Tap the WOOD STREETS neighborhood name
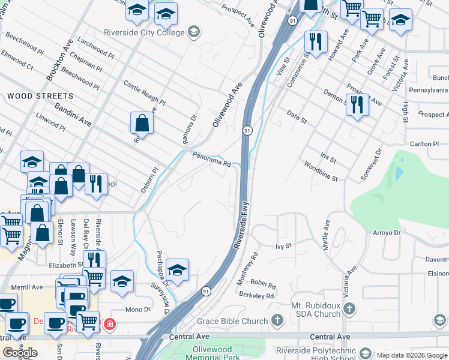(x=40, y=96)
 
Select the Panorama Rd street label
(x=211, y=159)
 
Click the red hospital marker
(x=109, y=325)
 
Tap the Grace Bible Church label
(x=233, y=321)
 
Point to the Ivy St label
(x=283, y=246)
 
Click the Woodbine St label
(x=321, y=171)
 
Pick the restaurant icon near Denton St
(x=357, y=105)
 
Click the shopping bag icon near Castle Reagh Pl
(x=141, y=124)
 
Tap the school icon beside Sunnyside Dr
(x=177, y=271)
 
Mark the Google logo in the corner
(x=20, y=353)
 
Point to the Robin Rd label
(x=263, y=284)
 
